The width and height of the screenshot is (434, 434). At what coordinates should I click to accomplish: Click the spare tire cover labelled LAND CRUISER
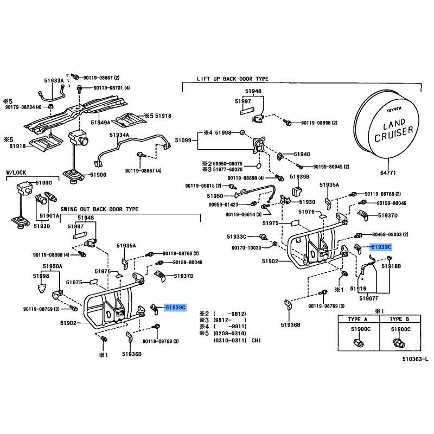click(x=389, y=129)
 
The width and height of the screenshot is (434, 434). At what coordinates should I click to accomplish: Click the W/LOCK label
click(x=16, y=173)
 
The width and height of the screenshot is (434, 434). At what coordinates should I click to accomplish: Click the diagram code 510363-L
click(x=414, y=359)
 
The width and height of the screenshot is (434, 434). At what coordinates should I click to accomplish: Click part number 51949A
click(x=101, y=123)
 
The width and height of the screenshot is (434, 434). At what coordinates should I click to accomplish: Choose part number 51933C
click(x=237, y=237)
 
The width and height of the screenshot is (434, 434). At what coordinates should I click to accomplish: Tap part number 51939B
click(x=299, y=177)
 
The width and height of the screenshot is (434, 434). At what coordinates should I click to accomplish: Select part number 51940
click(x=302, y=154)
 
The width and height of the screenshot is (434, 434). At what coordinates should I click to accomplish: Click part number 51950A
click(x=53, y=267)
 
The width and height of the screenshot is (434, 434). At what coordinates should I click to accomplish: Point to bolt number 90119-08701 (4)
click(x=112, y=87)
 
